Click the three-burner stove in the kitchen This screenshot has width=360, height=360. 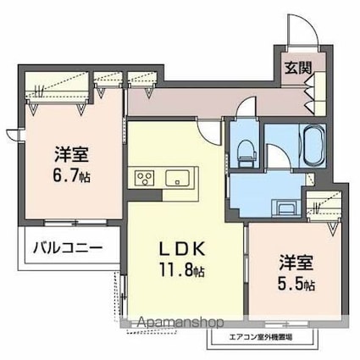coord(142,178)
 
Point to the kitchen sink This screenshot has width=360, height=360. coord(178,178)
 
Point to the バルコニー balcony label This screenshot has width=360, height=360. coord(68,248)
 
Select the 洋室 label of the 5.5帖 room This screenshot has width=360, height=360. coord(291,262)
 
